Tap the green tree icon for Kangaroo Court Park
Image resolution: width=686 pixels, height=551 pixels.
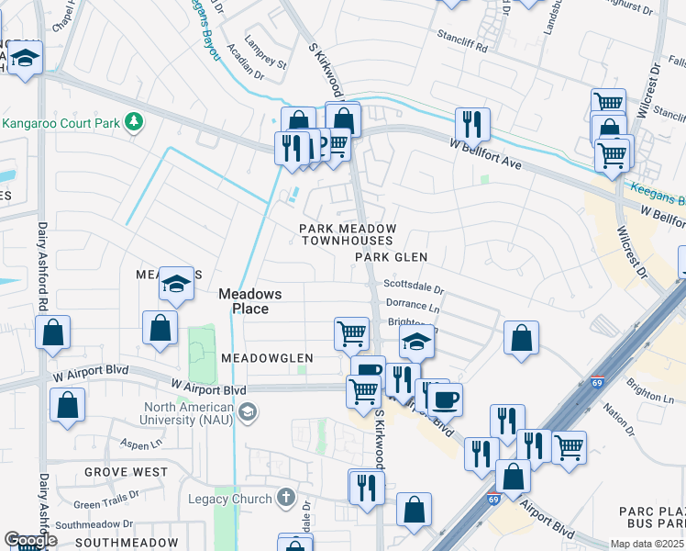coord(134,122)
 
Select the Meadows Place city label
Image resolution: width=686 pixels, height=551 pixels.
coord(249,301)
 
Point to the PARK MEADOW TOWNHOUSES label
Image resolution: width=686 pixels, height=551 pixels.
coord(349,234)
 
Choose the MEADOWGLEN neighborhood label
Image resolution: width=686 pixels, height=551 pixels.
coord(265,357)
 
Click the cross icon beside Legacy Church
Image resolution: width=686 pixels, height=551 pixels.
coord(287,499)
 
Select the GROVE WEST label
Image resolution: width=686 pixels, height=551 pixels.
coord(126,471)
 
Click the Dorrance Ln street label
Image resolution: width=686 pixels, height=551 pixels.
coord(413,304)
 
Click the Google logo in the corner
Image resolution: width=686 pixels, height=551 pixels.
coord(30,540)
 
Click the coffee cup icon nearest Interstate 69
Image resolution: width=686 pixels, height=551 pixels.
coord(446,399)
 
